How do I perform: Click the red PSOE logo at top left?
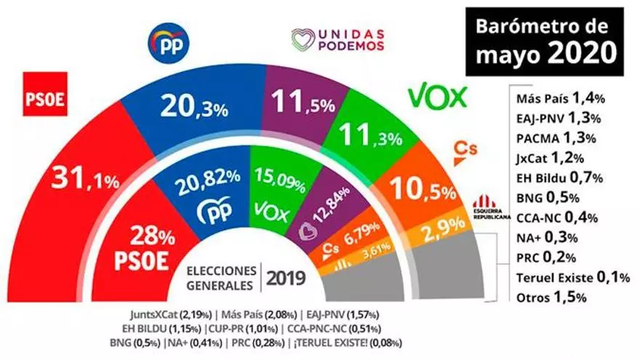[x=47, y=99]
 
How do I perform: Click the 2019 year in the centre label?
[x=285, y=277]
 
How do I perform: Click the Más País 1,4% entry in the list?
[x=548, y=100]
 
